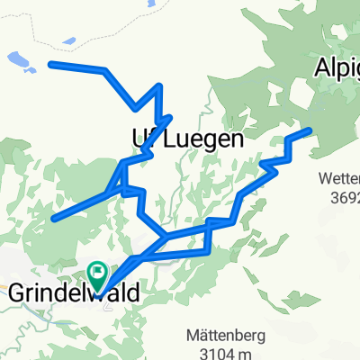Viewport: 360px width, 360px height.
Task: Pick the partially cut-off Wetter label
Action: [x=340, y=179]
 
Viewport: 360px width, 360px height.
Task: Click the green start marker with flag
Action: [x=97, y=271]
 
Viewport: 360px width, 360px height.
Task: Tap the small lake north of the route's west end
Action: [x=68, y=40]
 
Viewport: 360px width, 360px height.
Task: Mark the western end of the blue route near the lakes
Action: [x=50, y=64]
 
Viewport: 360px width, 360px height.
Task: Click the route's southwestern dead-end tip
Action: [x=55, y=218]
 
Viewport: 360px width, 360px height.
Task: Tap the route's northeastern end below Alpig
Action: [x=310, y=130]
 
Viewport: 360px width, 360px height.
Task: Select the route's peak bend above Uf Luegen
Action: [x=159, y=86]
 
